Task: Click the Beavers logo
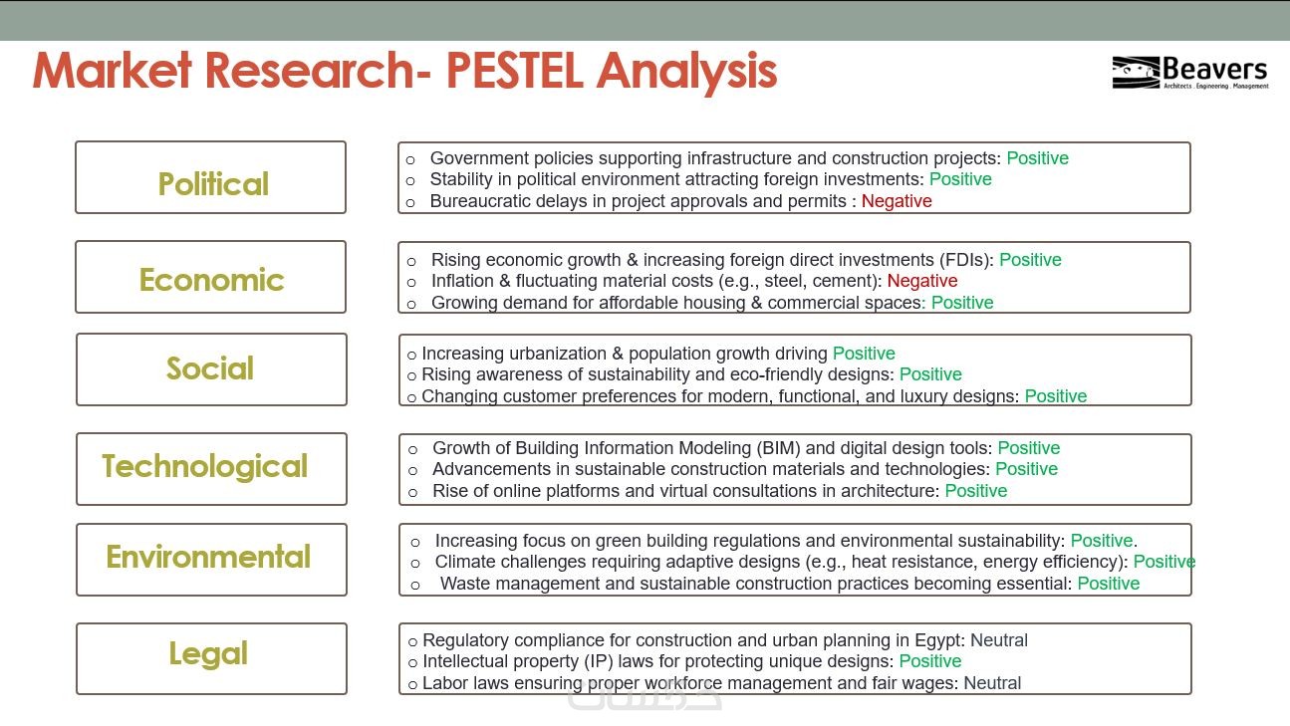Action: coord(1190,72)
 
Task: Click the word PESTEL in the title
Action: coord(514,71)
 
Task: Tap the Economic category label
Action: coord(211,280)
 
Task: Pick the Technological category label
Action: coord(205,466)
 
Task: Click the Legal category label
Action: coord(208,654)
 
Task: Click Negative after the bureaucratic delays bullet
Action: coord(897,201)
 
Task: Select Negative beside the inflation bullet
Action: coord(922,281)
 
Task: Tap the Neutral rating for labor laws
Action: coord(992,683)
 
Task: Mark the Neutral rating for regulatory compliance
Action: coord(999,640)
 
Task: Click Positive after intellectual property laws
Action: coord(930,661)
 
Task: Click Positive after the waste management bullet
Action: coord(1109,584)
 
